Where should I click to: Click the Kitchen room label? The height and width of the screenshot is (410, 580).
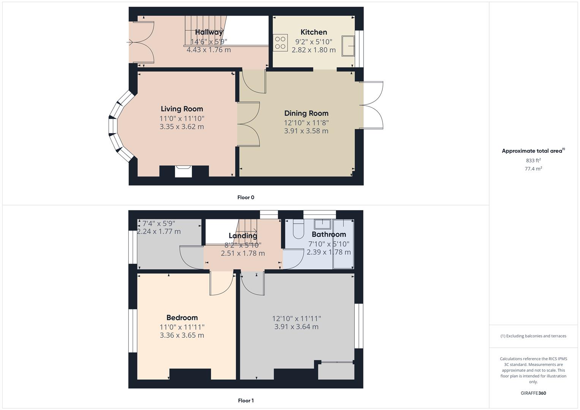(x=314, y=32)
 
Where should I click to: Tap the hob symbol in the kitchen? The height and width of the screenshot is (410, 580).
(x=280, y=43)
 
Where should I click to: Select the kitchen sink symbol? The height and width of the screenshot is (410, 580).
(x=348, y=46)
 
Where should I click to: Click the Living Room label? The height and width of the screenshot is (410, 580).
(x=182, y=109)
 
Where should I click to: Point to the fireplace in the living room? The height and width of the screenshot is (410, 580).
(x=184, y=171)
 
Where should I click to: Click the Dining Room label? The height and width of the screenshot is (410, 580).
(x=306, y=113)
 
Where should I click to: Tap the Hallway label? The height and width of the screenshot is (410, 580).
(x=209, y=32)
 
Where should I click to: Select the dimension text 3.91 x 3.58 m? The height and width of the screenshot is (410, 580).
(x=306, y=131)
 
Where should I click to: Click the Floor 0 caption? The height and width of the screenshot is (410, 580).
(x=246, y=197)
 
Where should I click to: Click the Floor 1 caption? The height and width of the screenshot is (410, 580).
(x=246, y=401)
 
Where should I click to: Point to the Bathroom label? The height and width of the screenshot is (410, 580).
(x=329, y=235)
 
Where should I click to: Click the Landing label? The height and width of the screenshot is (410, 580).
(x=243, y=236)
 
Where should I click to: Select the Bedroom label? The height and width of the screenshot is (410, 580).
(x=182, y=318)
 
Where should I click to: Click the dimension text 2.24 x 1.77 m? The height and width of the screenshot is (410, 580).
(x=159, y=232)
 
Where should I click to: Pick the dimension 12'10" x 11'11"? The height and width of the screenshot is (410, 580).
(x=296, y=319)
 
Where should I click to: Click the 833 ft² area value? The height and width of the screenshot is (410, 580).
(x=533, y=161)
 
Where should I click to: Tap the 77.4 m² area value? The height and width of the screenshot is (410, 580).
(x=533, y=169)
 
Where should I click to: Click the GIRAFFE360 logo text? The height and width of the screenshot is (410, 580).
(x=533, y=393)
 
